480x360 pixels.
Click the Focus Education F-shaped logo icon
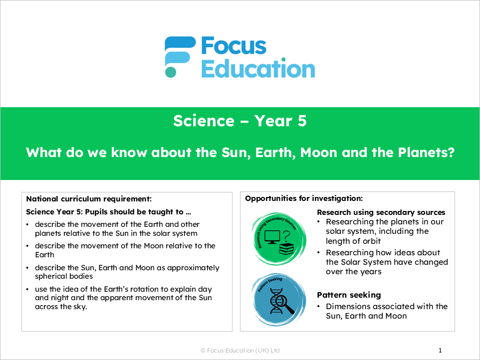click(x=180, y=56)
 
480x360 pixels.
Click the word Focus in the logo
click(x=234, y=46)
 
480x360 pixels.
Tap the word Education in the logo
click(x=258, y=68)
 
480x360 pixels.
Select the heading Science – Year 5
click(x=240, y=121)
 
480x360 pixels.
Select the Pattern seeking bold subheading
click(x=349, y=295)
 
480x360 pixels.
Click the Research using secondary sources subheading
click(x=381, y=212)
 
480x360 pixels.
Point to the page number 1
click(x=440, y=351)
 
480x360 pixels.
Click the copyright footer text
click(x=240, y=351)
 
